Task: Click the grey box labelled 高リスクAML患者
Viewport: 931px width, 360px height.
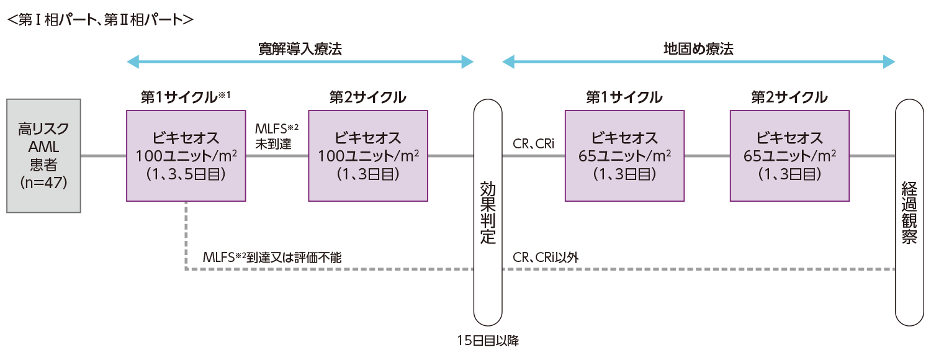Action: point(43,155)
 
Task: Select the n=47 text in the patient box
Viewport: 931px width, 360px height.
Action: point(43,184)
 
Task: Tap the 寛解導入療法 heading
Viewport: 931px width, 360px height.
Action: point(300,49)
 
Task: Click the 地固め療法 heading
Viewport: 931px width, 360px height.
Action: point(698,49)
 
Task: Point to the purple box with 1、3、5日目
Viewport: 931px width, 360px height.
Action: point(186,156)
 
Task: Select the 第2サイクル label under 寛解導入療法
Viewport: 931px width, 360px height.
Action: point(367,97)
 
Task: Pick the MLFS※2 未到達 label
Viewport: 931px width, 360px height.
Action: point(277,136)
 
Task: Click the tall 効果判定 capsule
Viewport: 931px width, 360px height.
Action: point(487,212)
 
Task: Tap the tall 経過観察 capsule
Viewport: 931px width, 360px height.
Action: point(909,212)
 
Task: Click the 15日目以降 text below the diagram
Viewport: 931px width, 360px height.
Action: point(487,340)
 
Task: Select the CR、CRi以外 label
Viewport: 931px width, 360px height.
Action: point(546,257)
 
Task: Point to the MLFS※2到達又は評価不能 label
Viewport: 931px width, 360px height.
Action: point(272,257)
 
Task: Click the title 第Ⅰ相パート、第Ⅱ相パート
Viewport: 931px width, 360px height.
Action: point(100,19)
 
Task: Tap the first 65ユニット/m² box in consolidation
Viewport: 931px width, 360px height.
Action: point(624,156)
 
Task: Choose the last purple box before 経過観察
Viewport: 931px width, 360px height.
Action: point(789,156)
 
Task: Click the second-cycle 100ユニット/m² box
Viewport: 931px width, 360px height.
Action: point(367,156)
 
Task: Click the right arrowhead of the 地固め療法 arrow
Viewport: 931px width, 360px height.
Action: point(889,61)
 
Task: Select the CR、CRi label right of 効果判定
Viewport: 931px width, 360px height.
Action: point(534,145)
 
